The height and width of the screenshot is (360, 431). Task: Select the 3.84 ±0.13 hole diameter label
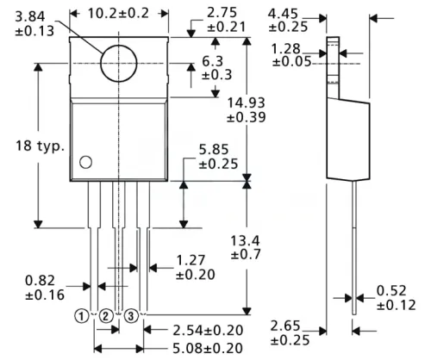(32, 24)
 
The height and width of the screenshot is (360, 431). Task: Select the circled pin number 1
(80, 317)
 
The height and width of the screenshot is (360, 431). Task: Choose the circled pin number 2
(105, 317)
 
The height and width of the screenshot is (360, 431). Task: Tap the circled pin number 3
(132, 317)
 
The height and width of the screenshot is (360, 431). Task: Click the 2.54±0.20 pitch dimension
(208, 331)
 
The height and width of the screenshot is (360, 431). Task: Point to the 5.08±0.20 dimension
(208, 348)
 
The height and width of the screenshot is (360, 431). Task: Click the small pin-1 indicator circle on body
(85, 162)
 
